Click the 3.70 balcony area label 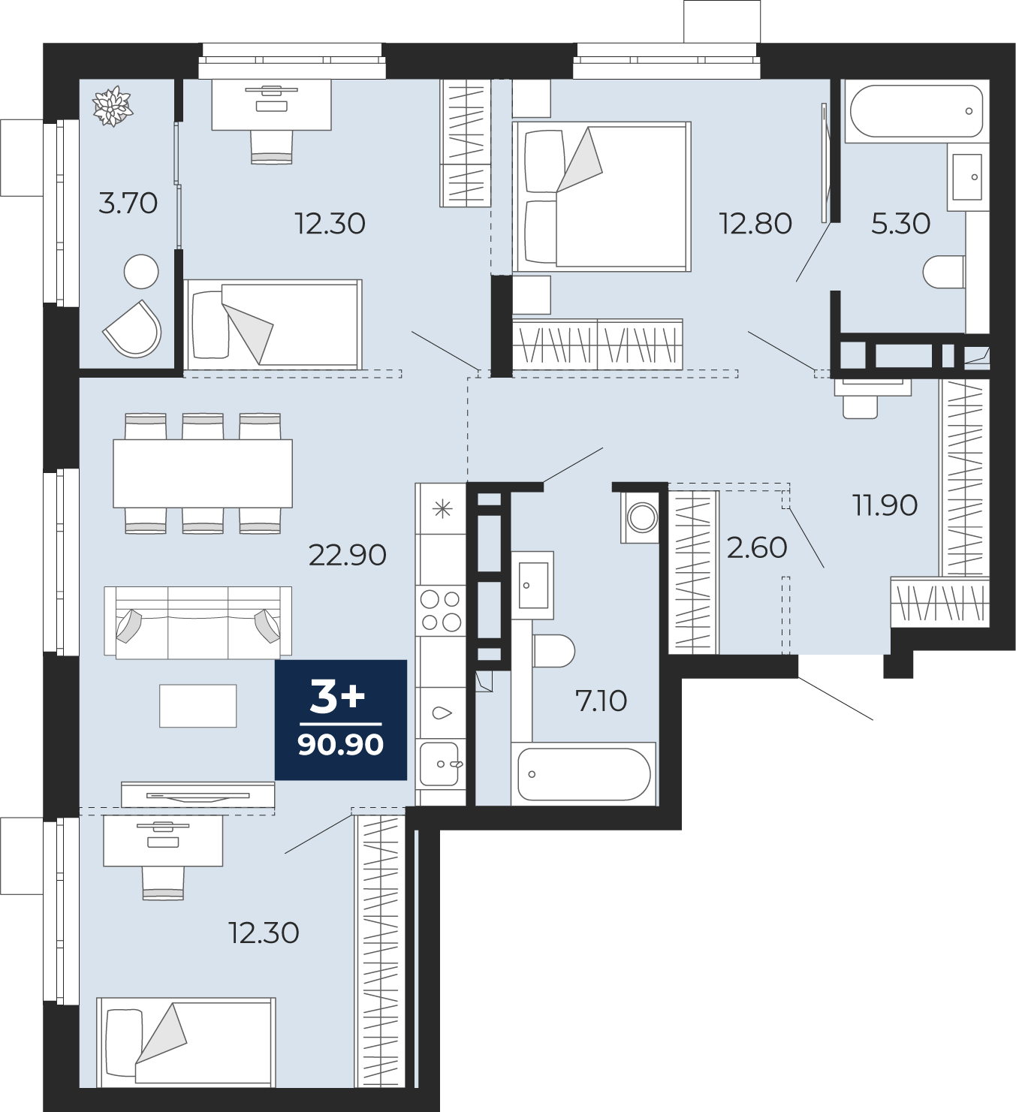[x=128, y=203]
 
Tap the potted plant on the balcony [x=113, y=106]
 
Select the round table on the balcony [x=141, y=271]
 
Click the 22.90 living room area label [x=347, y=555]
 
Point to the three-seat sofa [x=198, y=622]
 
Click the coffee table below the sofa [x=198, y=706]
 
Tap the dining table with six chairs [x=203, y=473]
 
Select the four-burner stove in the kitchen [x=441, y=610]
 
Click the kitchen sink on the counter [x=440, y=764]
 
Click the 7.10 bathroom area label [x=601, y=701]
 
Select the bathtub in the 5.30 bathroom [x=915, y=111]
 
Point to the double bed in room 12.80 [x=601, y=196]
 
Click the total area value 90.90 [x=340, y=745]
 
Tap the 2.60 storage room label [x=756, y=547]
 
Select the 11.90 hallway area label [x=885, y=505]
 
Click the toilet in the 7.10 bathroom [x=553, y=651]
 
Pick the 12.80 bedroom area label [x=755, y=224]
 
